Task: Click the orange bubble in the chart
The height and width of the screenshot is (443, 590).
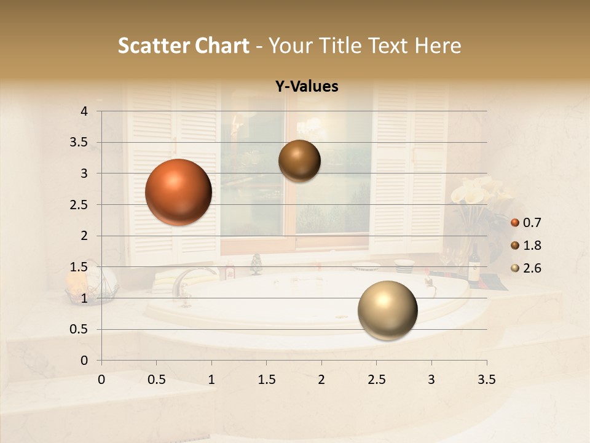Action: [178, 192]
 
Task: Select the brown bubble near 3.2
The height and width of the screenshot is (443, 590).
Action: [299, 161]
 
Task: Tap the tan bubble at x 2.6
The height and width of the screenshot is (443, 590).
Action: [387, 310]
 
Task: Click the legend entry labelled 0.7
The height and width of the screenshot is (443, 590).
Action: [526, 222]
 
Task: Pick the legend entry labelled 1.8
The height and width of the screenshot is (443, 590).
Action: [526, 245]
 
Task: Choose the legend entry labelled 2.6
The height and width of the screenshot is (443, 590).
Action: [526, 268]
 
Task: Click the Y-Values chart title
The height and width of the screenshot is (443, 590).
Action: [307, 87]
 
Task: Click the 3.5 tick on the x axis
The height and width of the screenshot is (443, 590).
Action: [486, 380]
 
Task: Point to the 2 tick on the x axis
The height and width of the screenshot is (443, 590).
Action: [321, 380]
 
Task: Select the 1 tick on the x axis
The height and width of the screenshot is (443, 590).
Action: [211, 380]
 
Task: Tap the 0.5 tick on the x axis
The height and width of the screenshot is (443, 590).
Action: [157, 380]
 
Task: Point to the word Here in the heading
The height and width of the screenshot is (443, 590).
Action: [438, 46]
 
